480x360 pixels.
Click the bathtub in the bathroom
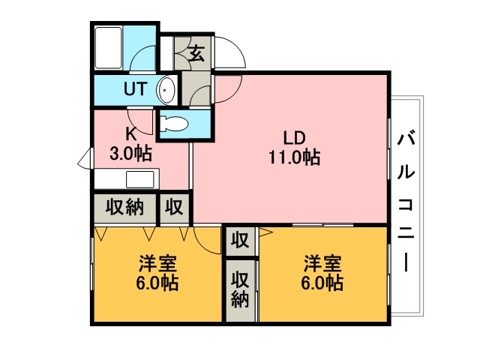tap(108, 48)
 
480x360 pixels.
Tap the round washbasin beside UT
tap(166, 90)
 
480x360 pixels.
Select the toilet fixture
tap(173, 123)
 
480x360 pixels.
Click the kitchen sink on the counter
tap(140, 179)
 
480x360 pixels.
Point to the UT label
tap(136, 88)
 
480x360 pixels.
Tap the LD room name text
tap(295, 137)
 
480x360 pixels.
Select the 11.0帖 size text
tap(295, 157)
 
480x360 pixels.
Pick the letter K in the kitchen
tap(131, 133)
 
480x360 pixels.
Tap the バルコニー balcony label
tap(406, 201)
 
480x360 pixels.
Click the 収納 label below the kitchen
tap(124, 207)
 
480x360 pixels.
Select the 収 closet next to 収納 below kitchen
tap(174, 207)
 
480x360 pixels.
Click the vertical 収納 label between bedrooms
tap(240, 289)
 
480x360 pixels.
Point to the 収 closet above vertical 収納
tap(240, 240)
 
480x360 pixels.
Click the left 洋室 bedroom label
tap(157, 263)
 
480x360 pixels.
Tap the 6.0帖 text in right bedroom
tap(322, 283)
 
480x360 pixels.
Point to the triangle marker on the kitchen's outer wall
tap(84, 158)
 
